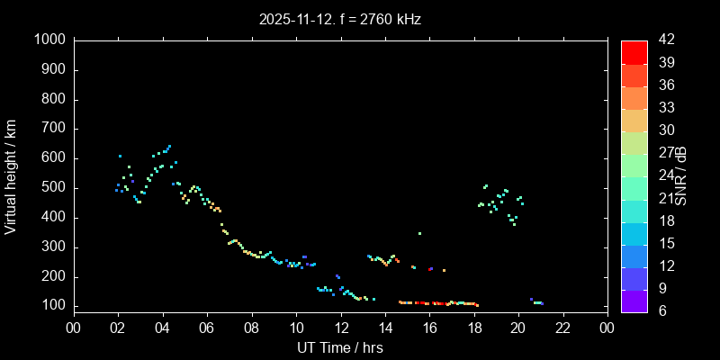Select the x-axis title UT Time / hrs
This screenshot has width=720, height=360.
coord(340,347)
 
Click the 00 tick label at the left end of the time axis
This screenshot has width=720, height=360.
coord(74,328)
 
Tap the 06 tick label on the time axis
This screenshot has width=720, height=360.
coord(207,328)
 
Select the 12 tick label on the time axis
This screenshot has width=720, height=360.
coord(340,328)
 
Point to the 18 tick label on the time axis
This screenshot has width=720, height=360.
coord(473,328)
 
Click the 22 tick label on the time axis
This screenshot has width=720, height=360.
coord(562,328)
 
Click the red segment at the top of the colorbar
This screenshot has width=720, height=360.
coord(634,52)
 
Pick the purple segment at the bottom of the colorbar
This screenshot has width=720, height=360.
coord(634,301)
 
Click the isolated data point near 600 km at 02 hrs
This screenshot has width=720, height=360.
coord(120,156)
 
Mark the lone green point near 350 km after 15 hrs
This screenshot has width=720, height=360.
coord(419,233)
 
